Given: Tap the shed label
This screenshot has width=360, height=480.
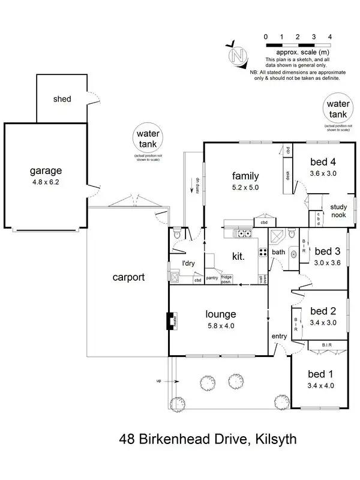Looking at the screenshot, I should (62, 99).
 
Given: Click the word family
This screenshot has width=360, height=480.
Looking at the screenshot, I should (245, 176).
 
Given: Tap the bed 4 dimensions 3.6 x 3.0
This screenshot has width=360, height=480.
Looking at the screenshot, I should (324, 174).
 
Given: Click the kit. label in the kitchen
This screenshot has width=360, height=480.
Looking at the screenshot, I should (238, 256).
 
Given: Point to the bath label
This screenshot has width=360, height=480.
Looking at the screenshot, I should (278, 253).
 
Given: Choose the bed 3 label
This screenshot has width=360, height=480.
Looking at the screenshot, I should (327, 251).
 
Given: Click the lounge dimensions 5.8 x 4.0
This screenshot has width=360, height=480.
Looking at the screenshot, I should (221, 326).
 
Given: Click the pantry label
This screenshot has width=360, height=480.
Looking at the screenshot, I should (211, 278).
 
